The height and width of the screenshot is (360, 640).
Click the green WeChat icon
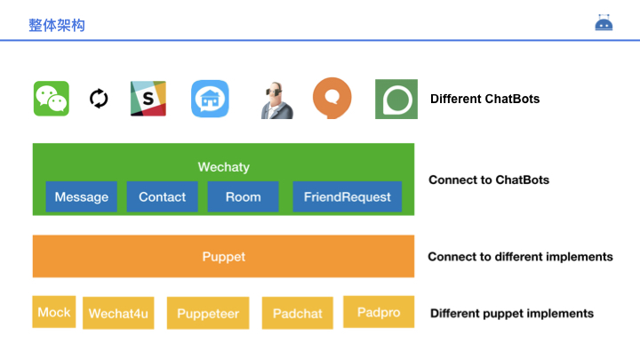[x=51, y=99]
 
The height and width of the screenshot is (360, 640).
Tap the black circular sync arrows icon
[x=99, y=99]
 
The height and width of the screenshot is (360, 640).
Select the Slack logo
[x=148, y=99]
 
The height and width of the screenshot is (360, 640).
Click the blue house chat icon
[x=210, y=99]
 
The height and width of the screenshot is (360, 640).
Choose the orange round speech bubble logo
[x=332, y=99]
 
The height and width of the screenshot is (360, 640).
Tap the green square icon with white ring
[x=396, y=99]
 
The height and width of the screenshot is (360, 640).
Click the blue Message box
[x=82, y=197]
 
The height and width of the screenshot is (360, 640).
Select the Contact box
[x=163, y=197]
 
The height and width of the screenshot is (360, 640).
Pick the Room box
[x=243, y=197]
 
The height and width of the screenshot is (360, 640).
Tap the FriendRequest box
[x=347, y=197]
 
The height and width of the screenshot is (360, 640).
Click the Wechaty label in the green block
[x=223, y=167]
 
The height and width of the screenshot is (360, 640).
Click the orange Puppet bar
[x=223, y=257]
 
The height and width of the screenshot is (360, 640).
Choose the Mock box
[x=54, y=312]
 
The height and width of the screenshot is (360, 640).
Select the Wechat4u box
[x=118, y=313]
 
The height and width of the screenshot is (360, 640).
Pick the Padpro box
[x=379, y=312]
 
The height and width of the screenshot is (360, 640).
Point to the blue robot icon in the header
[x=604, y=23]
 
